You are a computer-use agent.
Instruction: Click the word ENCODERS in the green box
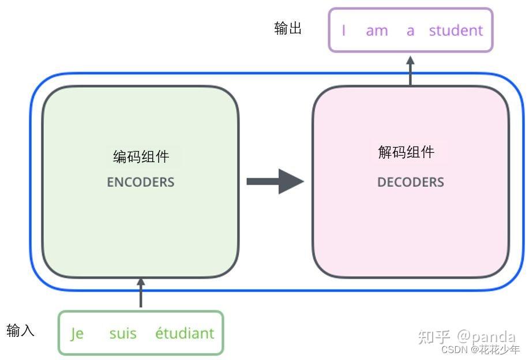[x=140, y=182]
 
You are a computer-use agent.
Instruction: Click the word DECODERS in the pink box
[x=410, y=182]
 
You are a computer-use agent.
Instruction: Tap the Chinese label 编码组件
[x=141, y=156]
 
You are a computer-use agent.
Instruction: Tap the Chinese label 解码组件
[x=406, y=152]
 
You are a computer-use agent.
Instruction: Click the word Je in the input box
[x=77, y=333]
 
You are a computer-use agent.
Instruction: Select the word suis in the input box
[x=123, y=333]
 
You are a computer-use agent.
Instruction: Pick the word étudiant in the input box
[x=184, y=333]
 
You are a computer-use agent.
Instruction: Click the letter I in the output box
[x=344, y=31]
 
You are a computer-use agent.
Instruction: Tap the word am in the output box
[x=377, y=31]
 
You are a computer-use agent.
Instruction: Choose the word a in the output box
[x=410, y=31]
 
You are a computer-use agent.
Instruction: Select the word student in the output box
[x=456, y=31]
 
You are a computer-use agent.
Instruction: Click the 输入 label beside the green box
[x=21, y=331]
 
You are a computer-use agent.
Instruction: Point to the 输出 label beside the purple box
[x=288, y=29]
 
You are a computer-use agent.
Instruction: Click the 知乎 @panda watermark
[x=466, y=336]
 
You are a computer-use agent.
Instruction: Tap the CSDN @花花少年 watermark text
[x=480, y=349]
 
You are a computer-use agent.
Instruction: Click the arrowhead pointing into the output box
[x=410, y=59]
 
